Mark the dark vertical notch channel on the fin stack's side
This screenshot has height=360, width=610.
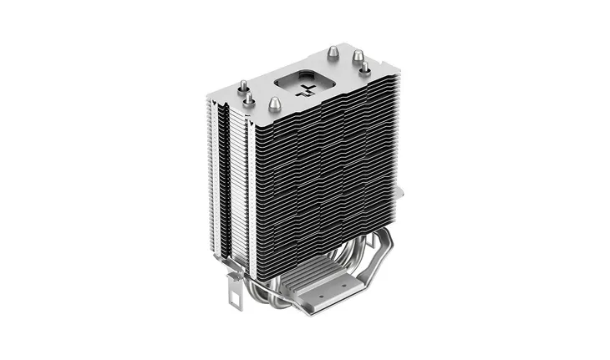[221, 167]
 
